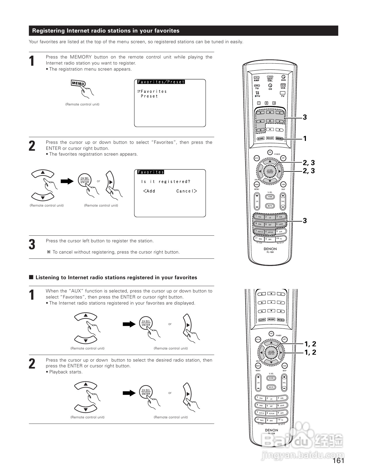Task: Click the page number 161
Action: click(338, 460)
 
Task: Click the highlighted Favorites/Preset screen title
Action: click(161, 82)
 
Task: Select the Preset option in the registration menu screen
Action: click(149, 96)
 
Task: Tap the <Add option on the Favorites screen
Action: click(149, 191)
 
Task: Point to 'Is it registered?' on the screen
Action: click(166, 182)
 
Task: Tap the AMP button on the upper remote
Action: click(256, 78)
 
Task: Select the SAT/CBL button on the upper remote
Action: click(270, 78)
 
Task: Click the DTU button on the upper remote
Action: click(257, 93)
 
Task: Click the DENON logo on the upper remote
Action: click(270, 249)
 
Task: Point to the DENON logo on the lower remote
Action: click(271, 430)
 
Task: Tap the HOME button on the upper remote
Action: click(270, 197)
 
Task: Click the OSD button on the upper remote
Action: click(283, 184)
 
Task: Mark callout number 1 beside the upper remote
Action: click(305, 139)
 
